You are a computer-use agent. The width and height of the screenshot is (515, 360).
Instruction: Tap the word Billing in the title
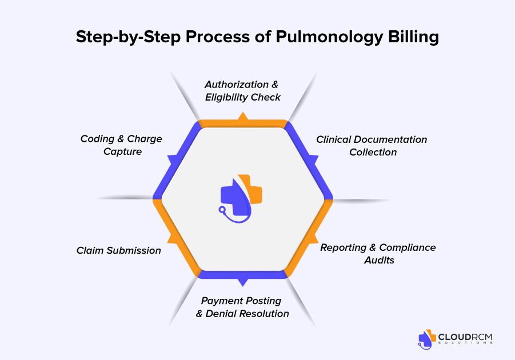pos(414,37)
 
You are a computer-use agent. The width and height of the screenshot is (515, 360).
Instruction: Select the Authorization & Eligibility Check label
pos(243,91)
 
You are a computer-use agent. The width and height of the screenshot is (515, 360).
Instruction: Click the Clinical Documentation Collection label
pos(372,146)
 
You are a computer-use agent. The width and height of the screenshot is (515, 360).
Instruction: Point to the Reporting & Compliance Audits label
pos(378,254)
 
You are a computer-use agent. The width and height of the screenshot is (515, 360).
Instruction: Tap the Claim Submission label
pos(119,251)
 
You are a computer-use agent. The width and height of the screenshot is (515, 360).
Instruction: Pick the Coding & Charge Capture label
pos(121,145)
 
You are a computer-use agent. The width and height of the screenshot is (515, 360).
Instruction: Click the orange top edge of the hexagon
pos(243,122)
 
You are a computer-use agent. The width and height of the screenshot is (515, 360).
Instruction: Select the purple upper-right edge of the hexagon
pos(309,158)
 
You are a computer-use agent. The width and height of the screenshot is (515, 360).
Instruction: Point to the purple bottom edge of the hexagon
pos(243,275)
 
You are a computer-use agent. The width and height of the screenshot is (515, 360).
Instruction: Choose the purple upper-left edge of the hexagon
pos(176,158)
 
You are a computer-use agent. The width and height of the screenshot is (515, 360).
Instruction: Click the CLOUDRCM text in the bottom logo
pos(464,337)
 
